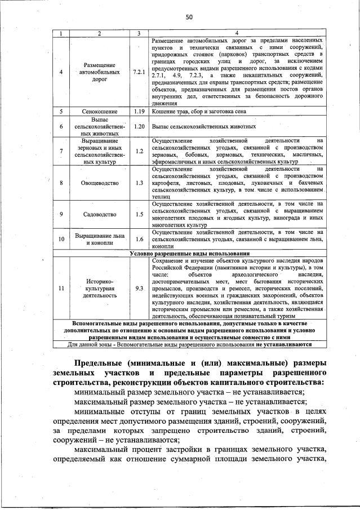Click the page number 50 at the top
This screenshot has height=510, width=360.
[x=189, y=17]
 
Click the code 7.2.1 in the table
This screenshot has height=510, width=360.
[x=139, y=72]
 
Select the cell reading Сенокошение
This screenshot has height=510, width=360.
[x=99, y=112]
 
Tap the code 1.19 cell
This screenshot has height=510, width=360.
[x=139, y=112]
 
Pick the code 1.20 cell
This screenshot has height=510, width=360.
[x=139, y=127]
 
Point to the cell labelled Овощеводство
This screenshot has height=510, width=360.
[x=99, y=183]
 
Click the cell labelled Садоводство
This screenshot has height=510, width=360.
[x=99, y=214]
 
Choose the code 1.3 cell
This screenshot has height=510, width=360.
[x=139, y=183]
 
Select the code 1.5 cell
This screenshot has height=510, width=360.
[x=139, y=214]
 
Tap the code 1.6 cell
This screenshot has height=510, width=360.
[x=139, y=240]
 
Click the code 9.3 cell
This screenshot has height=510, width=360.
[x=139, y=289]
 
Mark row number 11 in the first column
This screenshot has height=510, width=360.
[x=61, y=289]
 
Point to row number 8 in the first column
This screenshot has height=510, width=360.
[x=61, y=183]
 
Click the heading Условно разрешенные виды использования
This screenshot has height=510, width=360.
[x=189, y=254]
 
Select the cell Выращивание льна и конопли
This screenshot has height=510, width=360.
[x=99, y=240]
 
